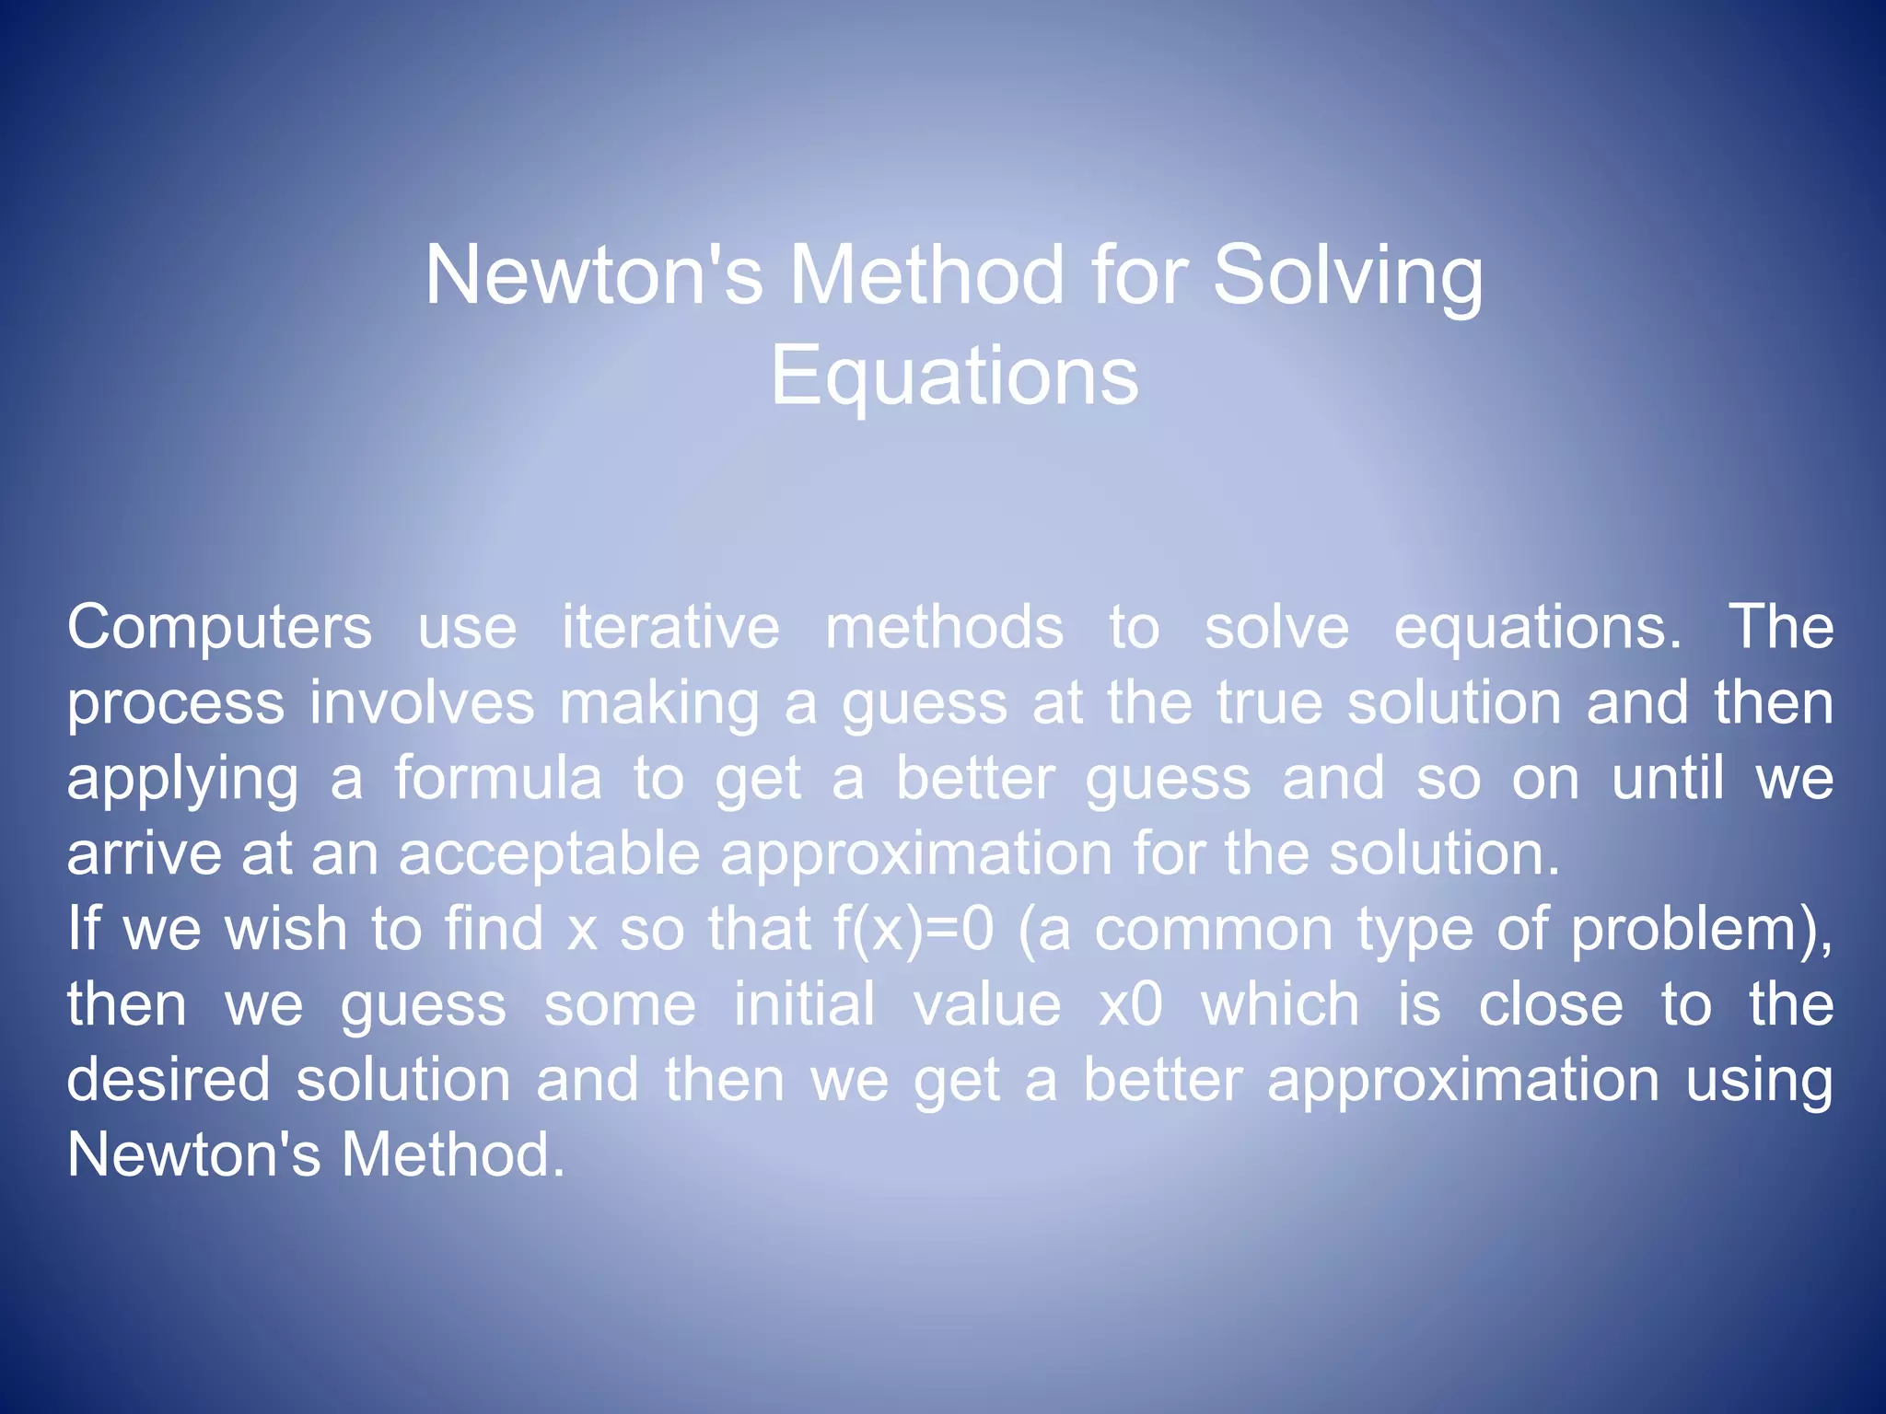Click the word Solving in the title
click(x=1347, y=276)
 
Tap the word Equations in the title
click(x=954, y=377)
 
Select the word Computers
click(x=219, y=628)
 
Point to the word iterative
click(x=670, y=628)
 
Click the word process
click(x=176, y=705)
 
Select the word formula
click(x=498, y=779)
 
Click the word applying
click(x=182, y=781)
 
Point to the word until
click(x=1667, y=779)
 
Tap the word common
click(x=1214, y=930)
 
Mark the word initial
click(x=804, y=1005)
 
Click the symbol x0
click(x=1131, y=1005)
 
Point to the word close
click(x=1551, y=1005)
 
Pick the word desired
click(x=169, y=1081)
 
